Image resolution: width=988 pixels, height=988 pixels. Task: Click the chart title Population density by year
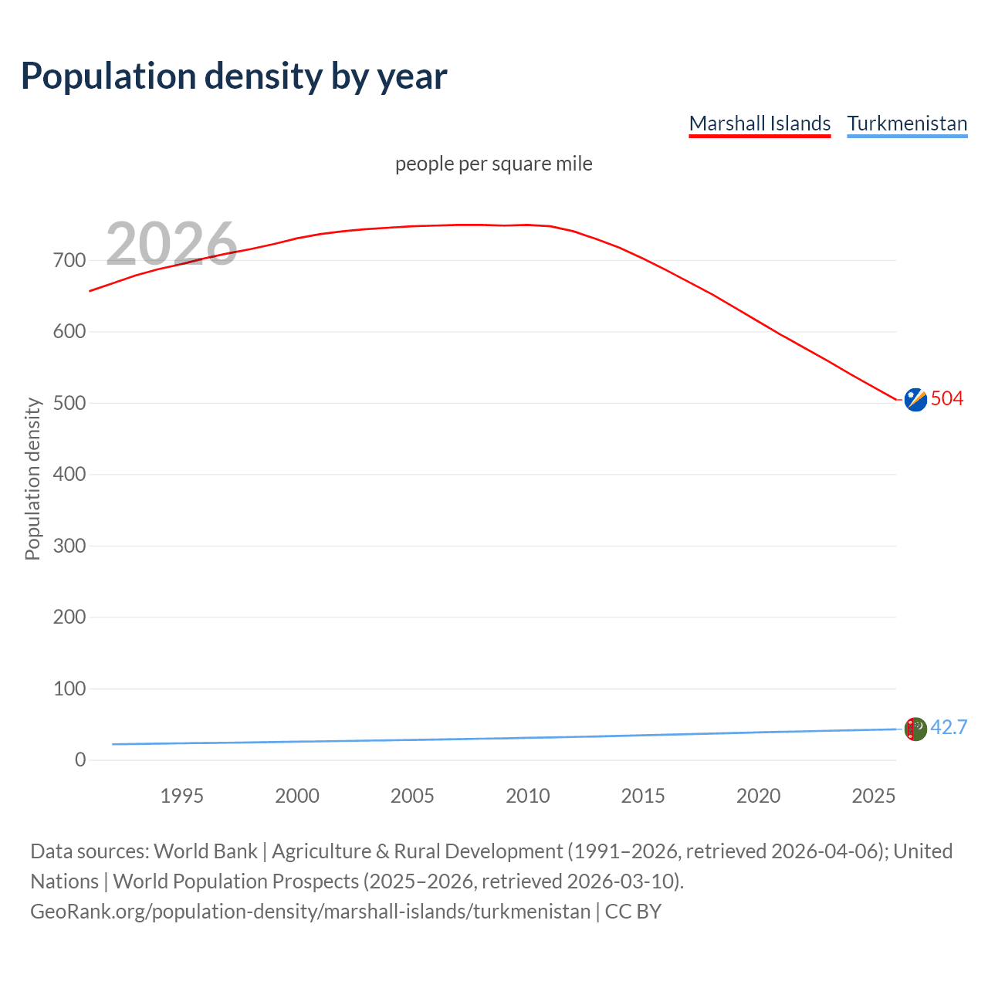coord(234,76)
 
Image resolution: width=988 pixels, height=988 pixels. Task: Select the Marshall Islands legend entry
coord(760,123)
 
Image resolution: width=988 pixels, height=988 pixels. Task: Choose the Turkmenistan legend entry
coord(907,123)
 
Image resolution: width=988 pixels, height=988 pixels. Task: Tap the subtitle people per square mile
coord(493,164)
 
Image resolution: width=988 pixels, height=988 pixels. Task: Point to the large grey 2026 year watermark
coord(171,244)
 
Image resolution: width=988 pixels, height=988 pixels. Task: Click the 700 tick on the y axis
coord(69,260)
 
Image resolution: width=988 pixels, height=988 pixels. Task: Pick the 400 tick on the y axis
coord(69,474)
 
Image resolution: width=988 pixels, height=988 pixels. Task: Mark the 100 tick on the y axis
coord(69,689)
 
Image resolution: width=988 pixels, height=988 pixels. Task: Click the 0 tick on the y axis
coord(80,760)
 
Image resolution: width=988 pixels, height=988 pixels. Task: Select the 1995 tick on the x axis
coord(182,796)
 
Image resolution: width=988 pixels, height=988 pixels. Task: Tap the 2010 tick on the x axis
coord(528,796)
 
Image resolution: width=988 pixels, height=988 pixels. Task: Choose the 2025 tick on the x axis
coord(873,796)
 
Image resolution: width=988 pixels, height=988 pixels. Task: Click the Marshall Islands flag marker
coord(915,400)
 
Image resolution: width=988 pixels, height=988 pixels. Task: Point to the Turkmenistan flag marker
coord(915,729)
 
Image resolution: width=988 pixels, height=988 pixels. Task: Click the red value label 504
coord(947,398)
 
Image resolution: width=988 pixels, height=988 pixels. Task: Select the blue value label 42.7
coord(949,727)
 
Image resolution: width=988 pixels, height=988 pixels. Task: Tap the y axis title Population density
coord(32,479)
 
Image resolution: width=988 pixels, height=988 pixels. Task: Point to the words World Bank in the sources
coord(205,851)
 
